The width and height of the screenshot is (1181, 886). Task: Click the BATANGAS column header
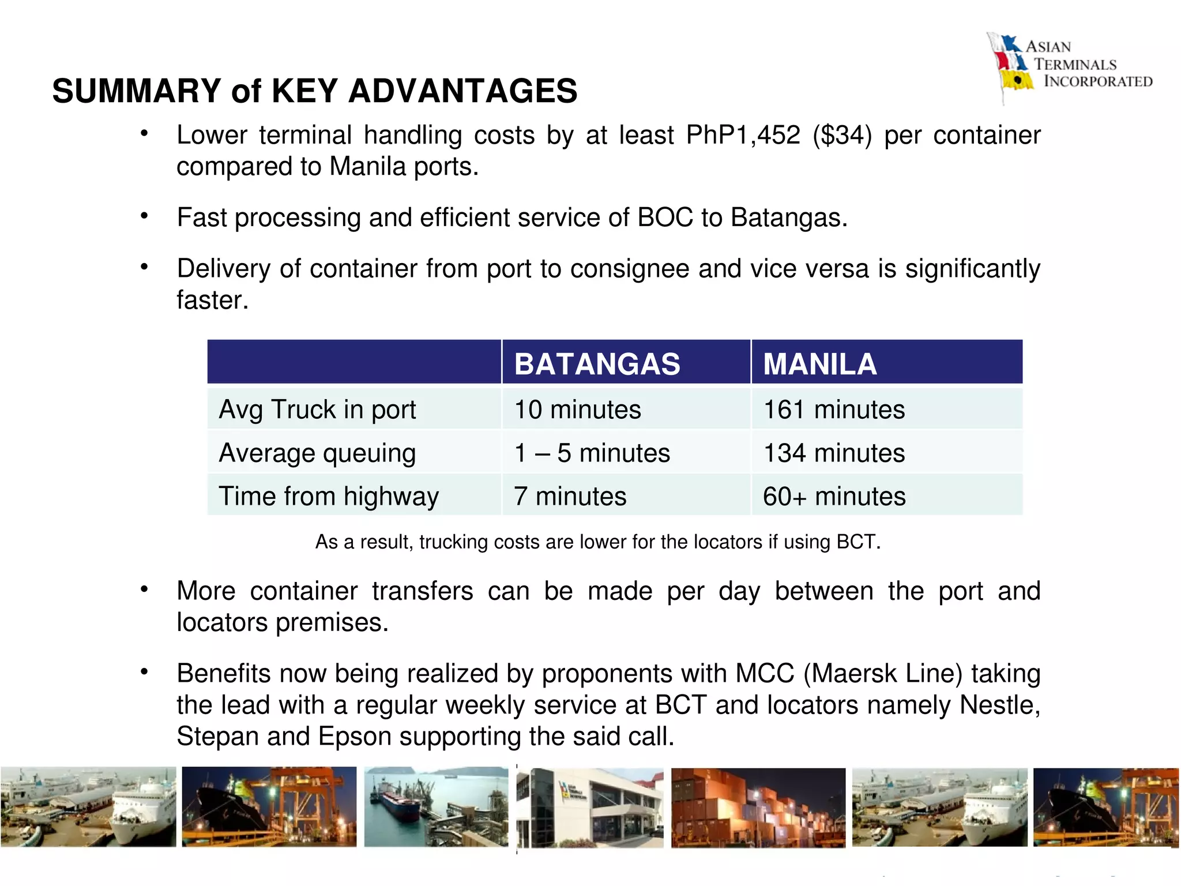(x=597, y=364)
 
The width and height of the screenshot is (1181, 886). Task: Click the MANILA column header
(x=819, y=364)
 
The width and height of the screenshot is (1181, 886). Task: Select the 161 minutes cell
(x=834, y=410)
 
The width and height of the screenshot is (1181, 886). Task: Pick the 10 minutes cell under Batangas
(x=577, y=410)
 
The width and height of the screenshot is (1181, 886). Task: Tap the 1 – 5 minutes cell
(x=592, y=453)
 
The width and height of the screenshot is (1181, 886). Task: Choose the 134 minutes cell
(x=834, y=453)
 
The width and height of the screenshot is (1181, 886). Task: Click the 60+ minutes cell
(x=834, y=496)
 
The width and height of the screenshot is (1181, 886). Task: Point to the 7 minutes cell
(x=570, y=496)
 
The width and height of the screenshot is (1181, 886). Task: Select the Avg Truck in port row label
(x=317, y=410)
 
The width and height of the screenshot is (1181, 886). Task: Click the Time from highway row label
(x=329, y=496)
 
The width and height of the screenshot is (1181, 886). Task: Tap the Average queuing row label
(x=317, y=453)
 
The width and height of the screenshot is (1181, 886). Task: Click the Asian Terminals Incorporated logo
(x=1070, y=65)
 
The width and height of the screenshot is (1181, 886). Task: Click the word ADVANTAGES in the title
(x=462, y=91)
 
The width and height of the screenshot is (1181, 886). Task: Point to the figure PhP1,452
(x=743, y=135)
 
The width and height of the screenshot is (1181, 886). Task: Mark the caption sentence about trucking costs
(x=597, y=542)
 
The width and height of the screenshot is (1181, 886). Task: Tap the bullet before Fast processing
(x=145, y=216)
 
